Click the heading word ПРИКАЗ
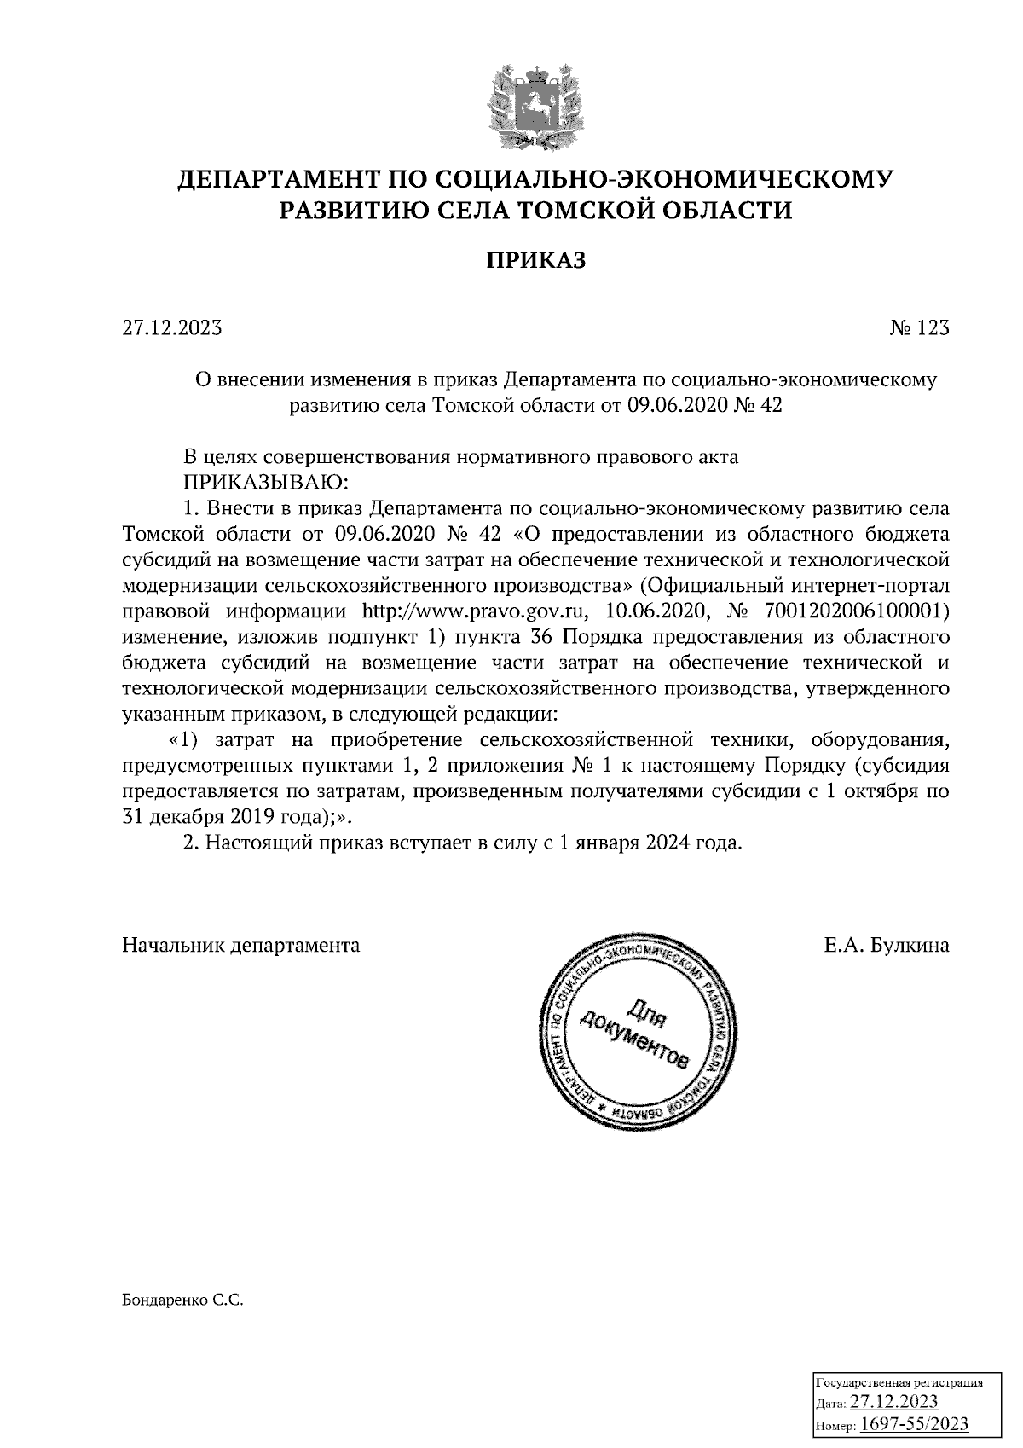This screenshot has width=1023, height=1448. point(536,260)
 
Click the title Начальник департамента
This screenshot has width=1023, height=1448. point(241,945)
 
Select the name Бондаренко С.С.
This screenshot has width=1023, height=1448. point(183,1302)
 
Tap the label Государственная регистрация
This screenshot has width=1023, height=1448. point(900,1382)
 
